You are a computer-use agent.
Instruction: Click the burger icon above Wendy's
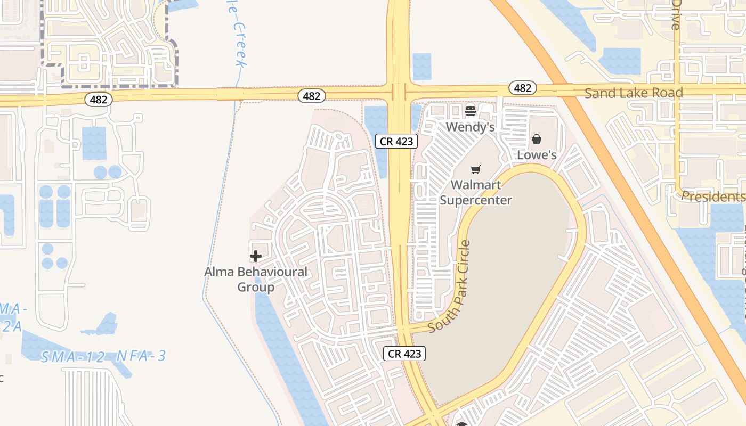[471, 111]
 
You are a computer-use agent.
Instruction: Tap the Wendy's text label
[471, 127]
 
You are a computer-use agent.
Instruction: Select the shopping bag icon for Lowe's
[537, 139]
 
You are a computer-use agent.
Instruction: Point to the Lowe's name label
[537, 155]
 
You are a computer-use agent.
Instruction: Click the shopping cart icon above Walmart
[475, 170]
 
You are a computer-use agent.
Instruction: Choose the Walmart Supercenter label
[475, 193]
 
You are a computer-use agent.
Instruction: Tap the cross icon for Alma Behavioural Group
[256, 257]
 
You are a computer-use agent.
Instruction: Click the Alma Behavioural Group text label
[256, 279]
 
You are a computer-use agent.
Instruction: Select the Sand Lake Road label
[634, 93]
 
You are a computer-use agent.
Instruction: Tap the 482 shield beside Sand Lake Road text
[522, 88]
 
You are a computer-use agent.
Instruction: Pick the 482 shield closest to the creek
[312, 96]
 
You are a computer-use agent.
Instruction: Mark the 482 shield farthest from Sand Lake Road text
[99, 99]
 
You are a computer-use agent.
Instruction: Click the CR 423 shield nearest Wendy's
[396, 141]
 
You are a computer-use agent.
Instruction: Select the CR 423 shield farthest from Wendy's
[404, 354]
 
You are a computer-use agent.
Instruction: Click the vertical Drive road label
[676, 14]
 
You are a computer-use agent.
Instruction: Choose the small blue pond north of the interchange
[421, 67]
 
